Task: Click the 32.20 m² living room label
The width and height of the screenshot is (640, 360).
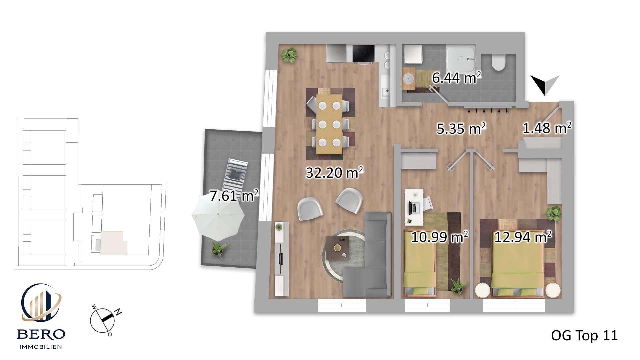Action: pos(334,173)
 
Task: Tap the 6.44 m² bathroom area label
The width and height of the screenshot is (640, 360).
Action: pos(457,78)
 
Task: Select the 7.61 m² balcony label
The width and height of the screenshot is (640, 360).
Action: pos(234,196)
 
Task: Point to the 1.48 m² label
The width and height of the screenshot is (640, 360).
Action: pos(547,128)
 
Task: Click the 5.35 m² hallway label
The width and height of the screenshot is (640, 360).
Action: pos(461,129)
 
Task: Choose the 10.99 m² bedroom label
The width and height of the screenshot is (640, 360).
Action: pos(439,237)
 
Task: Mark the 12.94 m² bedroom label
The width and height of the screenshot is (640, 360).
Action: pos(523,237)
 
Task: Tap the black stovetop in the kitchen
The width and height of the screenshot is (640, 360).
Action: pos(364,54)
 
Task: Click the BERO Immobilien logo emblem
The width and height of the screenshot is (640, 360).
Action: pos(41,303)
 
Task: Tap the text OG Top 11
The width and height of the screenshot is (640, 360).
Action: pos(584,335)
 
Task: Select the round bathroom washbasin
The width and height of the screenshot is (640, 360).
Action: pos(408,79)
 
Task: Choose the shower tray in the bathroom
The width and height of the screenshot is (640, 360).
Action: pos(460,59)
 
